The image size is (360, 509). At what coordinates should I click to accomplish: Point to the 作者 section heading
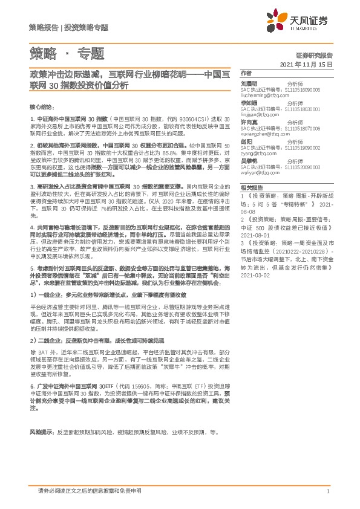(246, 72)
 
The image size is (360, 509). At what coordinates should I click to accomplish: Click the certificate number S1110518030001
(303, 108)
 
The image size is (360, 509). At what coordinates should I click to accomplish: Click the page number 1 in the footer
(327, 491)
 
